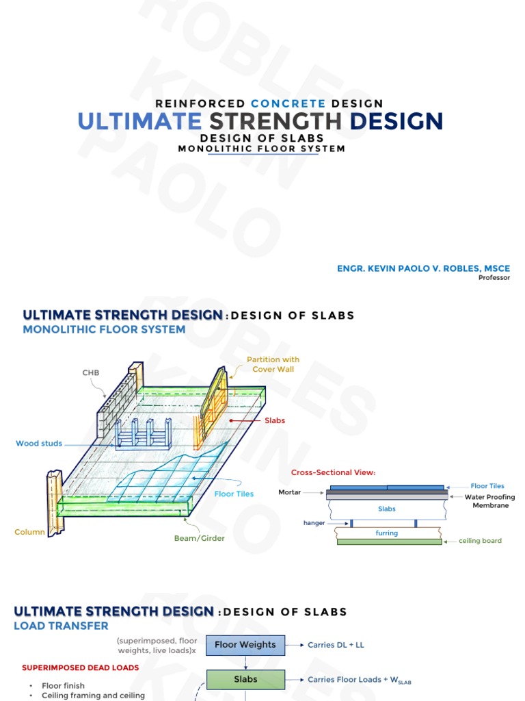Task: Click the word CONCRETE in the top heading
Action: (288, 103)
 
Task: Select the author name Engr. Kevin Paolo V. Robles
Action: (423, 268)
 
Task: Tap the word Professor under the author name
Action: (494, 278)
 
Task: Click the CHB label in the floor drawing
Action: (91, 372)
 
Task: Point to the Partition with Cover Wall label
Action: (273, 364)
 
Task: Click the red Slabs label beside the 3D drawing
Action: (275, 420)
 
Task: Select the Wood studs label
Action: (39, 444)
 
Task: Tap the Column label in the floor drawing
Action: (29, 532)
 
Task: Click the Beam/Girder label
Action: (199, 538)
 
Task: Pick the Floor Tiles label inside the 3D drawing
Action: (234, 494)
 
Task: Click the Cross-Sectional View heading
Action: (334, 472)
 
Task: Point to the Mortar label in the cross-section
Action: (290, 492)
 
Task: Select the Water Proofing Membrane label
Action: (489, 501)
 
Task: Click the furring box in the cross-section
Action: (387, 533)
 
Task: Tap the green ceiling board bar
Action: (389, 541)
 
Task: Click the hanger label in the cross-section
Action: (314, 523)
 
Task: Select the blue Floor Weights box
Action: (245, 645)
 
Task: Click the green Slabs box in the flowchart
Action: (245, 680)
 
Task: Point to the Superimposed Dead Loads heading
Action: (80, 667)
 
